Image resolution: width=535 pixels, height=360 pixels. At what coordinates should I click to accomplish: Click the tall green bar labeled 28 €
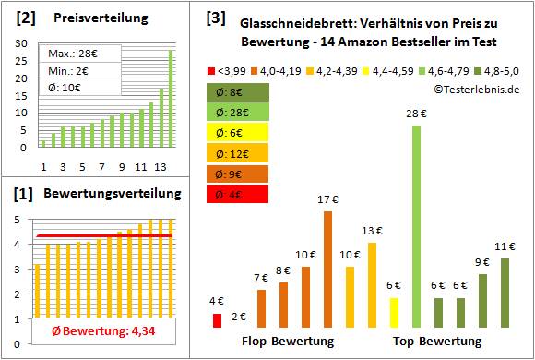pyautogui.click(x=416, y=226)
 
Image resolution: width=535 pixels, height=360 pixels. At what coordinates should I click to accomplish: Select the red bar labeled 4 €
pyautogui.click(x=217, y=320)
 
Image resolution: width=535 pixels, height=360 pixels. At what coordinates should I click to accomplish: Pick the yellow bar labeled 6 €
pyautogui.click(x=394, y=312)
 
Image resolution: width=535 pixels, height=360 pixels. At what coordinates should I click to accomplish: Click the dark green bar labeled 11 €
pyautogui.click(x=505, y=293)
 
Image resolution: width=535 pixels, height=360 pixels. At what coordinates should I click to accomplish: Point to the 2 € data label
pyautogui.click(x=239, y=317)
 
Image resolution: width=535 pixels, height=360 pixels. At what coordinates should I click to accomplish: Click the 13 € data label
pyautogui.click(x=372, y=231)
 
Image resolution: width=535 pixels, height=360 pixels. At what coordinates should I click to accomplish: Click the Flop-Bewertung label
pyautogui.click(x=288, y=342)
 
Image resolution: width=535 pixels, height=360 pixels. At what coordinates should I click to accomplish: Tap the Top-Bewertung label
pyautogui.click(x=437, y=342)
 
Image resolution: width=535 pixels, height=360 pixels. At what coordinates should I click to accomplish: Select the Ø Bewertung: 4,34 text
pyautogui.click(x=90, y=331)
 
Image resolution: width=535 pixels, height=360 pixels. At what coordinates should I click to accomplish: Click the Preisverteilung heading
pyautogui.click(x=91, y=18)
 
